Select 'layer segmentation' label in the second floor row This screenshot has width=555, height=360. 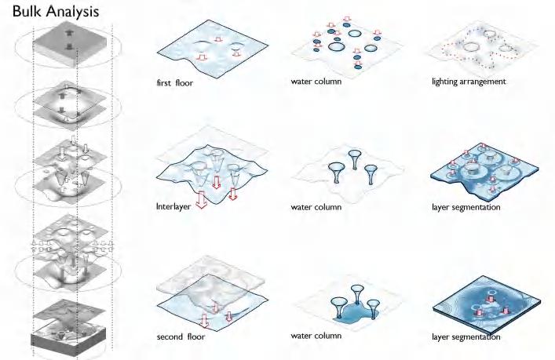click(x=466, y=337)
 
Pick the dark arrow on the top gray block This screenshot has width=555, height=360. click(x=70, y=35)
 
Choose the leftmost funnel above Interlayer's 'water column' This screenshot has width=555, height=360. click(x=337, y=169)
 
